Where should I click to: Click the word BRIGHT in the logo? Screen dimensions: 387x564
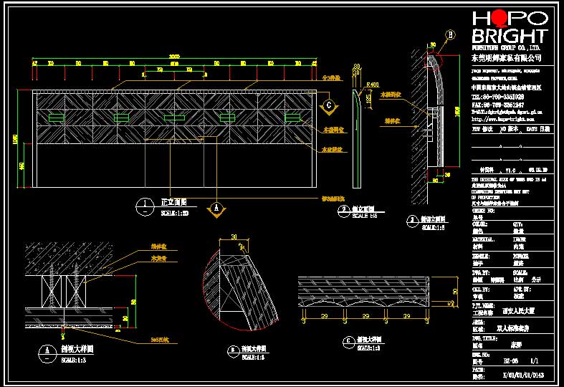509,36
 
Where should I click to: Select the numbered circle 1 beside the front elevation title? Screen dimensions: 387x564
145,206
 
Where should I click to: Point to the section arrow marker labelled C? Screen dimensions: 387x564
328,105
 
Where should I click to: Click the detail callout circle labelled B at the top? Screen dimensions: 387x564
450,34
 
